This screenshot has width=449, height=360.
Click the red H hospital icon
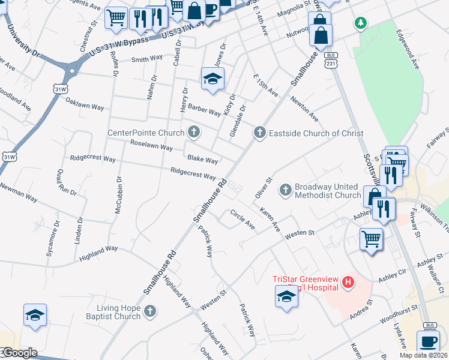(x=348, y=281)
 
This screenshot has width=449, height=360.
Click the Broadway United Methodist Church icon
(x=286, y=191)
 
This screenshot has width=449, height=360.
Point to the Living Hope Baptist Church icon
(x=150, y=311)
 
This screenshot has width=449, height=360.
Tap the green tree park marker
(x=360, y=23)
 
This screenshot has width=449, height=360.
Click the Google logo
(x=19, y=353)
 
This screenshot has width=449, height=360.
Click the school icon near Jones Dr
(x=212, y=79)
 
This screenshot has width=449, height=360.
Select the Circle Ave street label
(x=243, y=220)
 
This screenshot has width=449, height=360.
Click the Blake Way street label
(x=202, y=160)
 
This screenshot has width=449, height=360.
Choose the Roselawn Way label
(x=151, y=146)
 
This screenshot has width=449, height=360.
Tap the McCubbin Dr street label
(x=118, y=195)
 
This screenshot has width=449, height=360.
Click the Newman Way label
(x=20, y=194)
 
